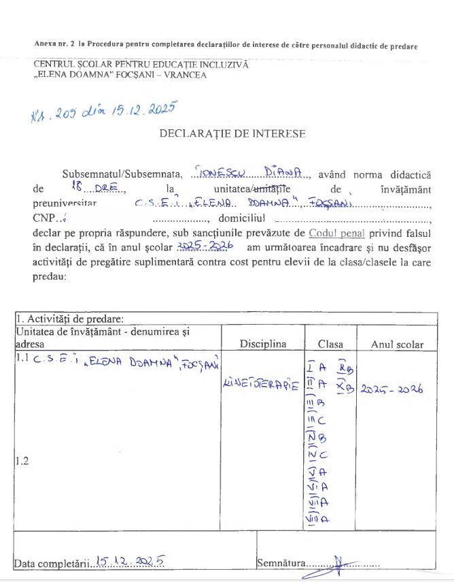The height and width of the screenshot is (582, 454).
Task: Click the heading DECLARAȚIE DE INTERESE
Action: (x=232, y=134)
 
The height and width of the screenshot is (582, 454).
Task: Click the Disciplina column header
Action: (x=264, y=344)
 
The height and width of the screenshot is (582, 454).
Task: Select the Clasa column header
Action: (x=330, y=344)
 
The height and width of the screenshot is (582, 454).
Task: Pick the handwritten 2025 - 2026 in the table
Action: (x=391, y=389)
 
